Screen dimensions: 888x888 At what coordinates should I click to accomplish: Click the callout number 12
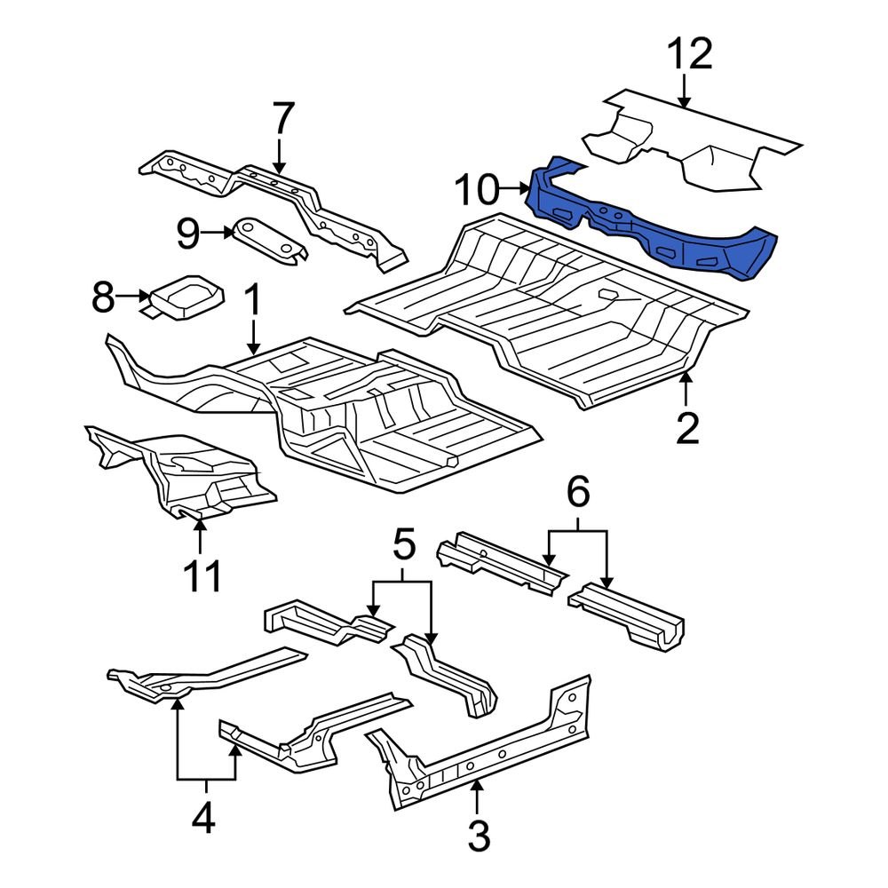tap(691, 55)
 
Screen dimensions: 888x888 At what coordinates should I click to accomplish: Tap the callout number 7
tap(281, 117)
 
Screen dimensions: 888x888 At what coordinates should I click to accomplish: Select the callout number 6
tap(578, 491)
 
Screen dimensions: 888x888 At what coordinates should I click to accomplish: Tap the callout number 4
tap(204, 818)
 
